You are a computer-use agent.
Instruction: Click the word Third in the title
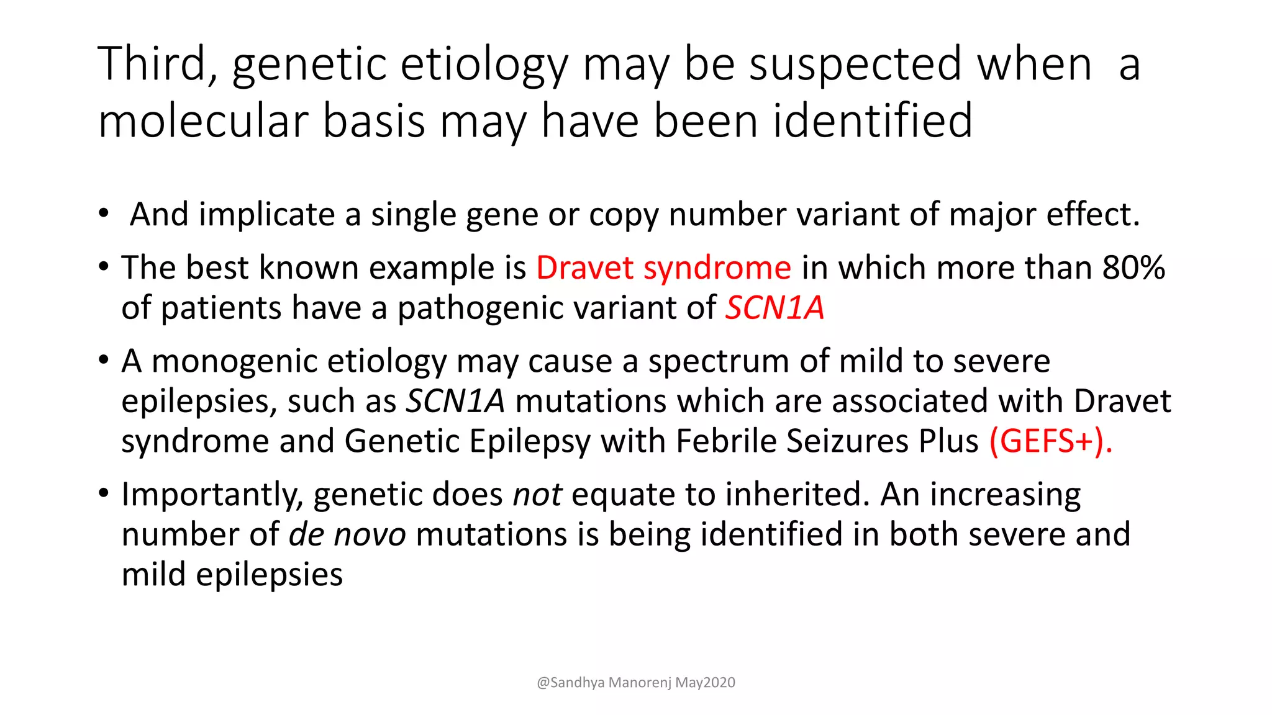point(152,65)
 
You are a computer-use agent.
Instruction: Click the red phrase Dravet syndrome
point(663,268)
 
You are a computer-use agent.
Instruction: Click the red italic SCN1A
point(775,308)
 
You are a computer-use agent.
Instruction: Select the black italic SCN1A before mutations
point(455,402)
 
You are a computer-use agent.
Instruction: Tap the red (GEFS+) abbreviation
point(1050,442)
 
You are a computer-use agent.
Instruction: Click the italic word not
point(537,495)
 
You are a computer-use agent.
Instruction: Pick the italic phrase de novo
point(347,535)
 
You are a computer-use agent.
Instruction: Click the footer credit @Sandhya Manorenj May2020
point(636,683)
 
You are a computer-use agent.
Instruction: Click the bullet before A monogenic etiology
point(103,361)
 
